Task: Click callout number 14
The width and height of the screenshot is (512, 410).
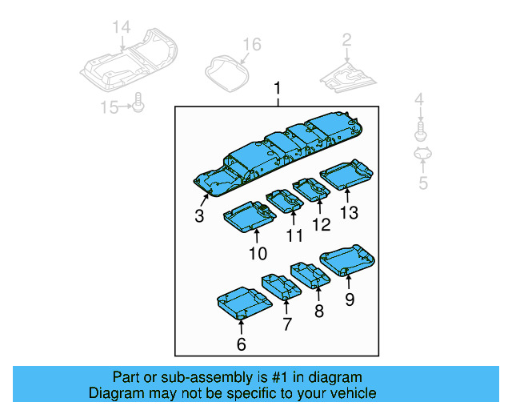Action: click(121, 29)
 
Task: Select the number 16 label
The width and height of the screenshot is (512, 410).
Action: click(252, 44)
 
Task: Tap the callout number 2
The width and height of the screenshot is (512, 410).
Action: click(346, 40)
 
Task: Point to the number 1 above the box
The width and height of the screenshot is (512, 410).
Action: click(278, 88)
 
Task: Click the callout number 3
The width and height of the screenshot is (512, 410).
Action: click(198, 216)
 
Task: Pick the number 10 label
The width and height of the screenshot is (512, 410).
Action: click(257, 254)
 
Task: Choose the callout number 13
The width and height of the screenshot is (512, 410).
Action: click(349, 212)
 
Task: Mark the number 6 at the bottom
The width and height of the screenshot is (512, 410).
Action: click(241, 345)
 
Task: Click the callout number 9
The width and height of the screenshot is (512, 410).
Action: click(349, 300)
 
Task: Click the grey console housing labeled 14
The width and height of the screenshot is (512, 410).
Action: click(128, 64)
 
